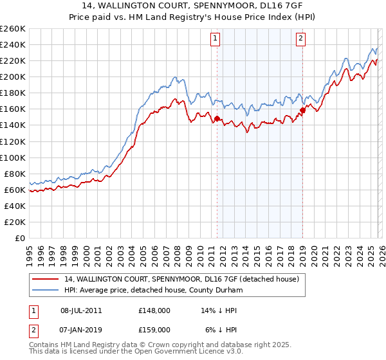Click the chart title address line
click(x=193, y=6)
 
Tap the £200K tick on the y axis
click(x=13, y=76)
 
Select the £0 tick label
click(x=21, y=238)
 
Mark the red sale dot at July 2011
click(x=217, y=118)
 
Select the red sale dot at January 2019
click(x=302, y=110)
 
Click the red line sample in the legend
click(x=46, y=280)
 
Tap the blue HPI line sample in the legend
click(x=46, y=291)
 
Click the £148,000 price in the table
click(x=154, y=310)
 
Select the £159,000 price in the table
click(x=154, y=329)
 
